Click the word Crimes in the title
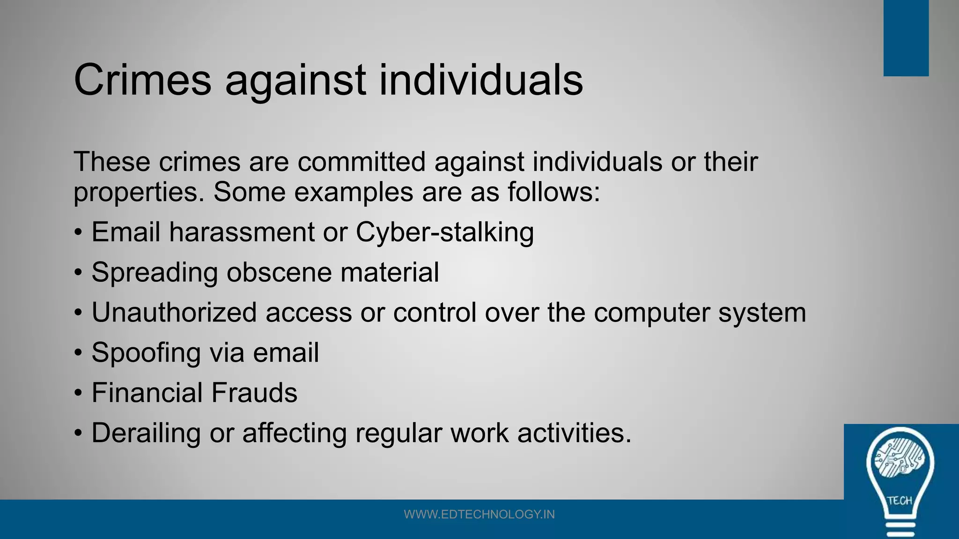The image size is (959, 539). pyautogui.click(x=142, y=80)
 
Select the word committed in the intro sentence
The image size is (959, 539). pyautogui.click(x=361, y=162)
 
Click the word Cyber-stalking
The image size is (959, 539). pyautogui.click(x=444, y=233)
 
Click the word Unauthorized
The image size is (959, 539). pyautogui.click(x=174, y=313)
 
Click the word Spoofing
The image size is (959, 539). pyautogui.click(x=146, y=353)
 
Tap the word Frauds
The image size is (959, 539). pyautogui.click(x=254, y=393)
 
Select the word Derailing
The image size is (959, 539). pyautogui.click(x=146, y=433)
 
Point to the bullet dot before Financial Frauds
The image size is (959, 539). pyautogui.click(x=78, y=393)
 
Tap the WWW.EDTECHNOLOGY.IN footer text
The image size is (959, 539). pyautogui.click(x=479, y=515)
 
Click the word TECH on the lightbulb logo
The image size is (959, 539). pyautogui.click(x=900, y=501)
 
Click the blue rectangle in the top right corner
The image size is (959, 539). pyautogui.click(x=906, y=37)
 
